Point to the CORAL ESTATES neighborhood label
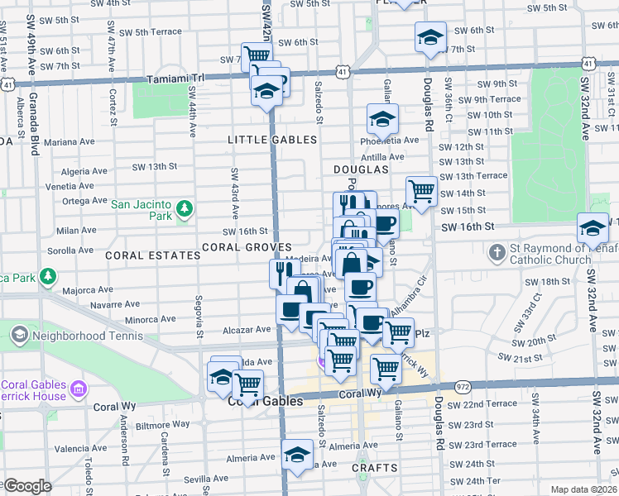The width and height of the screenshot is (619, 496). click(153, 256)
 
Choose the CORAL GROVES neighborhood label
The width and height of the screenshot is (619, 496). click(247, 247)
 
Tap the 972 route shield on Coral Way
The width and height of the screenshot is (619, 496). click(462, 387)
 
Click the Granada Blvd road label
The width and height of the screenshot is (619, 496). click(36, 134)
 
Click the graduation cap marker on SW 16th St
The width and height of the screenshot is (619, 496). click(593, 228)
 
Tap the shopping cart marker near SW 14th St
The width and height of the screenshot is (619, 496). click(421, 192)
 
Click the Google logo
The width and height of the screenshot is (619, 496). click(26, 486)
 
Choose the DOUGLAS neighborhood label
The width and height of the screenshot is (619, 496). click(361, 169)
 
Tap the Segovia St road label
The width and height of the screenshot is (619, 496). click(199, 317)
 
